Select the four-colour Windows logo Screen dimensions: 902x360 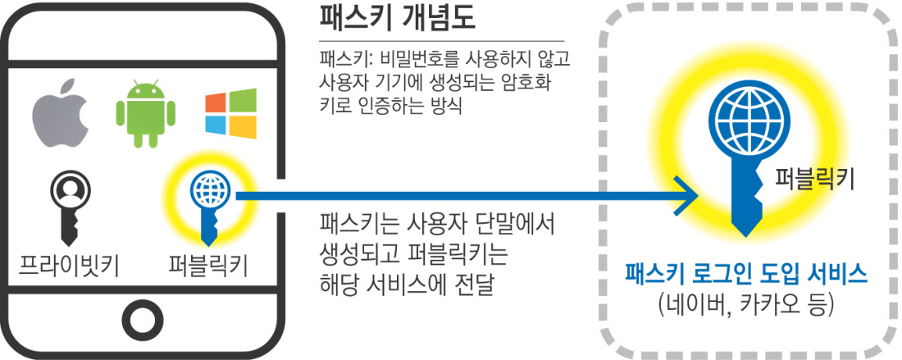230,115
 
